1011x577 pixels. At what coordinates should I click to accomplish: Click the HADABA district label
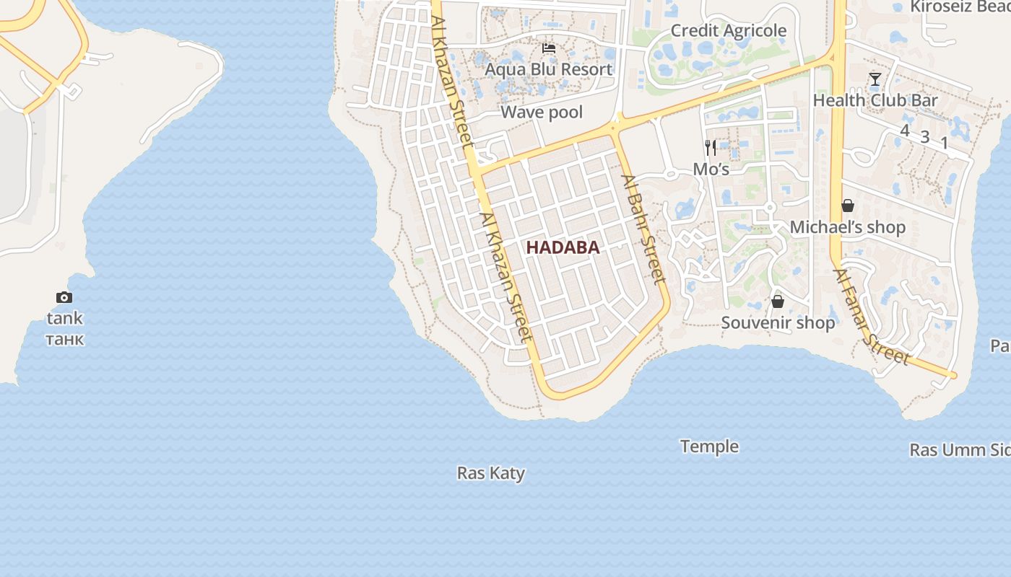563,247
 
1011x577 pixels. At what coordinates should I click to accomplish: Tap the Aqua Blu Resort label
549,69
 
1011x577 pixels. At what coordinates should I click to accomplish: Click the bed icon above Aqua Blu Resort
549,48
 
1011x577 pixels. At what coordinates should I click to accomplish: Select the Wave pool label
542,112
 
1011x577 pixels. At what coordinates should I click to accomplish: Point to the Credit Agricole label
729,30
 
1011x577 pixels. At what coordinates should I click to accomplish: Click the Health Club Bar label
875,100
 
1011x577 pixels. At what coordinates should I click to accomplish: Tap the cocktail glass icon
875,79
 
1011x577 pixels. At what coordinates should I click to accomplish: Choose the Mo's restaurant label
711,169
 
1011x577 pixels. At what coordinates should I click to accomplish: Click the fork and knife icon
711,148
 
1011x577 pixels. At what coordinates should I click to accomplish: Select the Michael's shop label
847,227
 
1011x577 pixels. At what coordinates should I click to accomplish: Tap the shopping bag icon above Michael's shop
848,206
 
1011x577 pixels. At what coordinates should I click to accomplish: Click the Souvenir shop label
778,322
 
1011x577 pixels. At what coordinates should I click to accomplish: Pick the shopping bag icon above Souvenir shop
778,301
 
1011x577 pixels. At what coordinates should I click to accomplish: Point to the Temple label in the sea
709,446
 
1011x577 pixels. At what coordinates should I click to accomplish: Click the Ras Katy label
491,473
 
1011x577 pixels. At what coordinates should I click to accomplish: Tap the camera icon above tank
64,297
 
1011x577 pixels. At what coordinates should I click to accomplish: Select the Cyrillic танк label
65,339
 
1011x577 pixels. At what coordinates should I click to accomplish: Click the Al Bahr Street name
642,229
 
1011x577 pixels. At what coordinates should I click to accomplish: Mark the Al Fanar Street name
871,317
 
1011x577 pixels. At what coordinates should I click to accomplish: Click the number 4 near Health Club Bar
905,130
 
